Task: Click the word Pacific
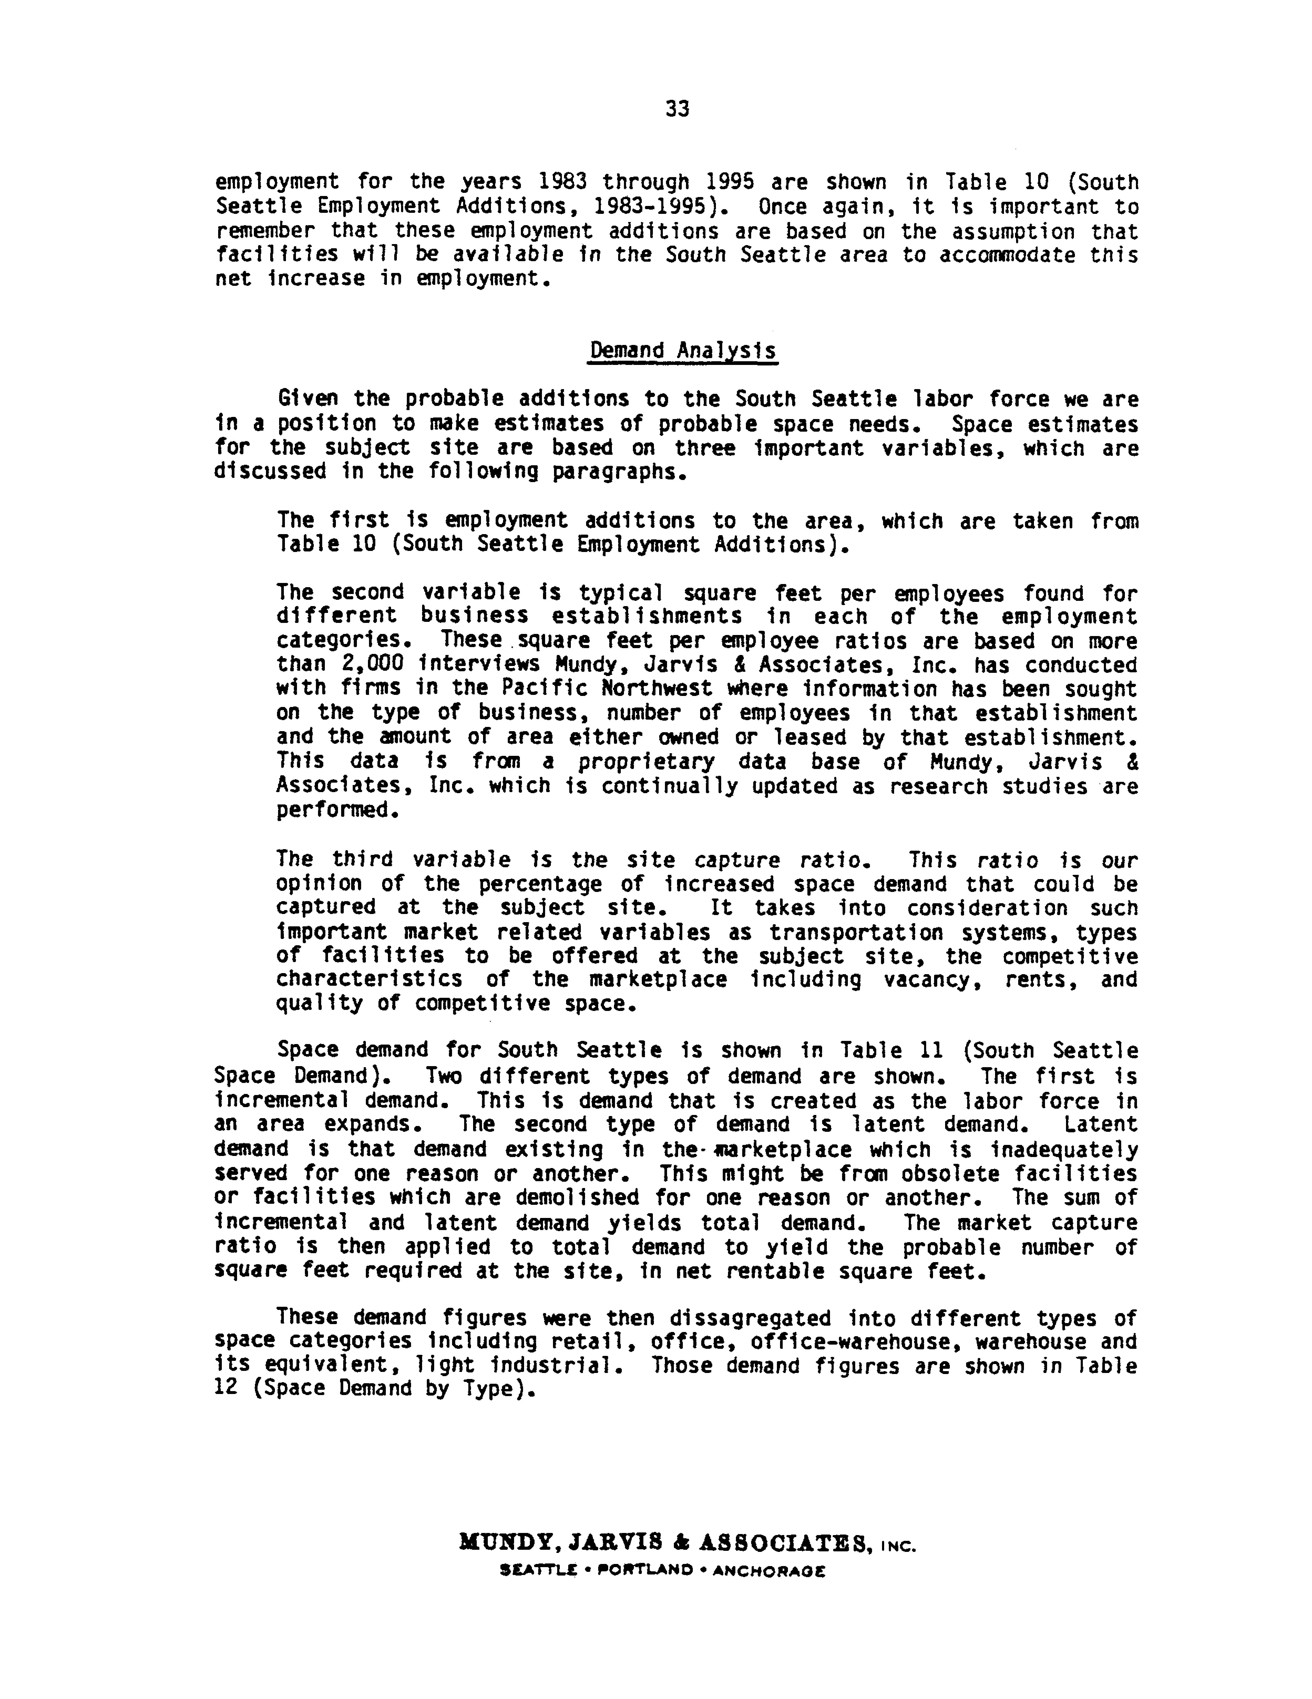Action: coord(543,689)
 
